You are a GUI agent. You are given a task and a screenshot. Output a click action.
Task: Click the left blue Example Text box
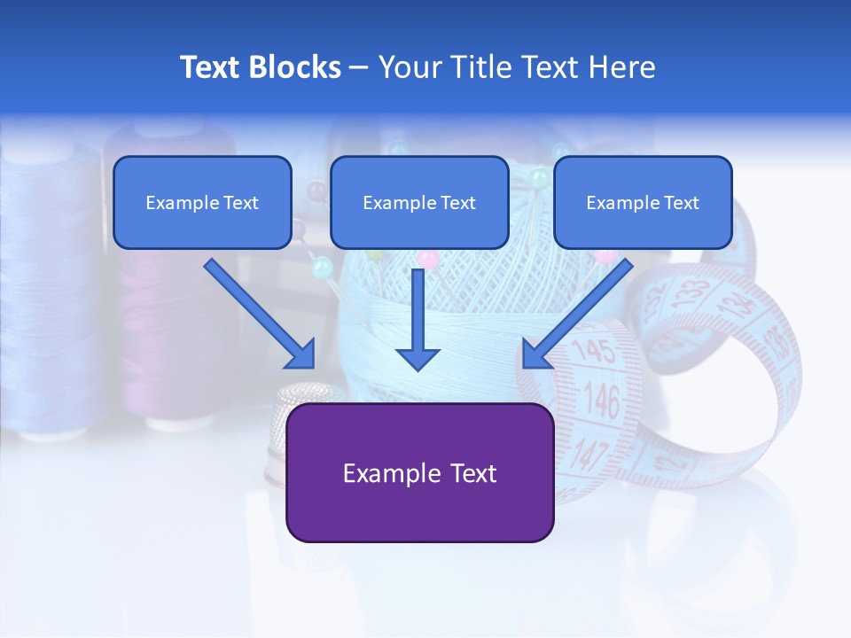(x=202, y=202)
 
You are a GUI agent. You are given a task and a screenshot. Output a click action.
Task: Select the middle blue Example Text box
(x=419, y=202)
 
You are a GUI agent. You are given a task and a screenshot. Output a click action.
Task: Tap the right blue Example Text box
(x=643, y=202)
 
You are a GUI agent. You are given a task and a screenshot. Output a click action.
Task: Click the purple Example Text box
(x=419, y=472)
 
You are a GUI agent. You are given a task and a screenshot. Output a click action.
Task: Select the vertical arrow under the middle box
(x=418, y=319)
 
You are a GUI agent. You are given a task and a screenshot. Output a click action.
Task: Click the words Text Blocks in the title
(x=260, y=67)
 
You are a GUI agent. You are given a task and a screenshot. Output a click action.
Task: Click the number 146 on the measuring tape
(x=602, y=401)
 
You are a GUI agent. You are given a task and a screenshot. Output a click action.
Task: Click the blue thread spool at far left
(x=49, y=292)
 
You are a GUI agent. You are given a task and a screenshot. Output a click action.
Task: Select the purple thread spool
(x=164, y=337)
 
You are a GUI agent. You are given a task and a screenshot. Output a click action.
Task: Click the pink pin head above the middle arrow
(x=428, y=260)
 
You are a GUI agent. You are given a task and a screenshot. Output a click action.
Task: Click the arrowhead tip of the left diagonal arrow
(x=312, y=365)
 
